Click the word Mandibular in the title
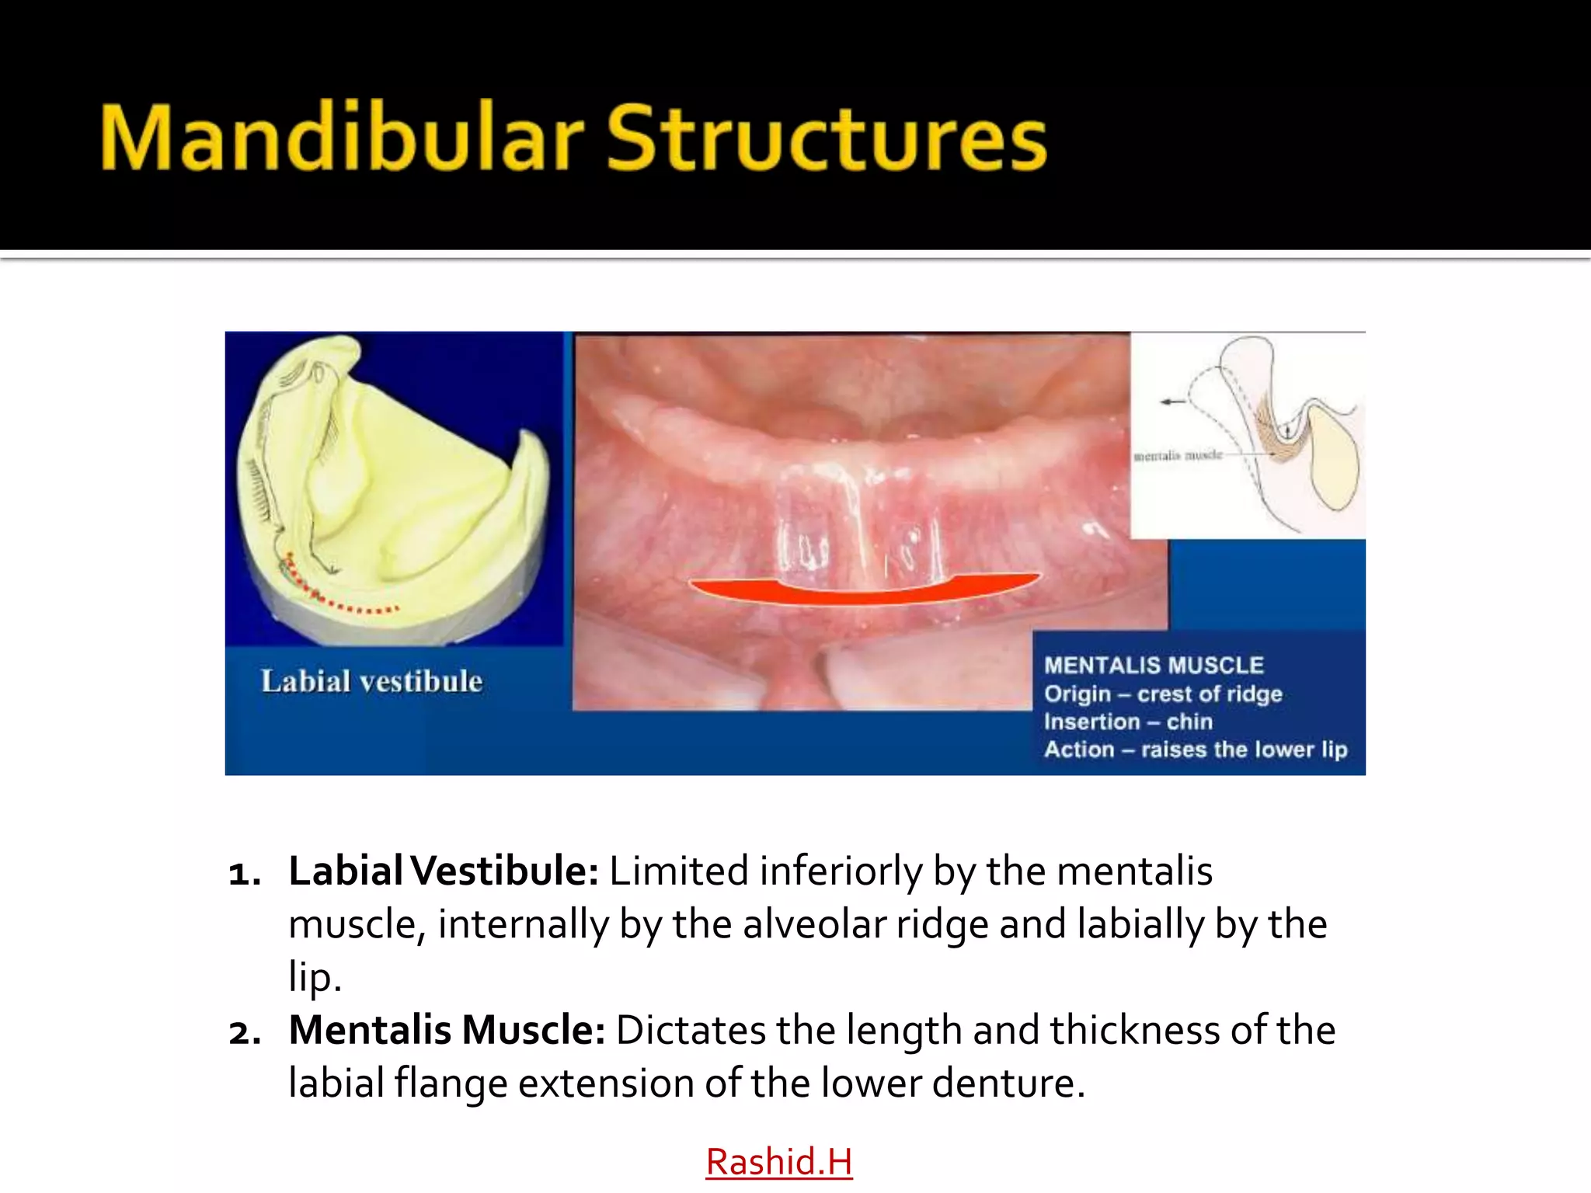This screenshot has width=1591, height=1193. [x=342, y=138]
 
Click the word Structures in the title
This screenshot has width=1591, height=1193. [x=827, y=138]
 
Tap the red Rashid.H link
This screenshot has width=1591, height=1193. [x=778, y=1162]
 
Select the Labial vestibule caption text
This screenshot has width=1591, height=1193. [x=371, y=681]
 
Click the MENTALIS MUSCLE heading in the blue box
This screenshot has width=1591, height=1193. [x=1154, y=666]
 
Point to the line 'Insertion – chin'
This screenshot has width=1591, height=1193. [x=1128, y=722]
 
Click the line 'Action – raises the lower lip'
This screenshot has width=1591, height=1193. [x=1196, y=750]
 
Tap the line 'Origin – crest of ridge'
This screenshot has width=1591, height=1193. [x=1163, y=694]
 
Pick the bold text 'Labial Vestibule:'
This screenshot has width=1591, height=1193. [x=443, y=871]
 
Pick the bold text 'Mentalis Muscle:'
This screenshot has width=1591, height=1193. [x=447, y=1030]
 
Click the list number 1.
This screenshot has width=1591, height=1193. [x=244, y=874]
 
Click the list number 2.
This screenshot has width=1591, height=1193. [x=244, y=1033]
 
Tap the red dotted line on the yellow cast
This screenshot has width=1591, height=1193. [x=342, y=602]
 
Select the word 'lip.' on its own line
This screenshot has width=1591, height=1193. [x=315, y=977]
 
